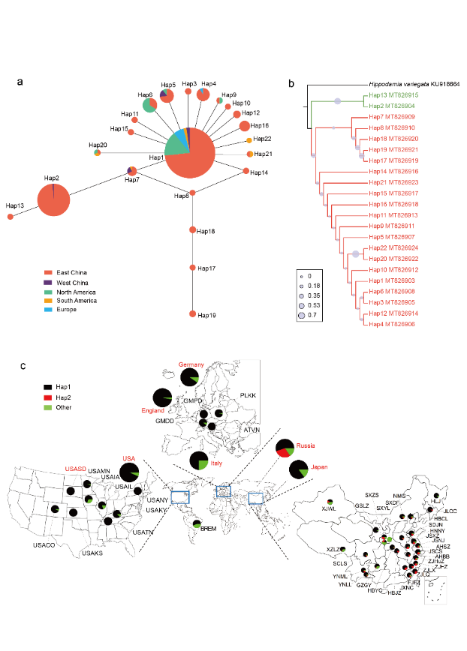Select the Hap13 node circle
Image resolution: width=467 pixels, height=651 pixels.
(x=10, y=217)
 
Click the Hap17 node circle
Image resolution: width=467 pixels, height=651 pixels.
(x=193, y=267)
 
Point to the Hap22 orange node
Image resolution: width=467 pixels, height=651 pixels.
(x=249, y=140)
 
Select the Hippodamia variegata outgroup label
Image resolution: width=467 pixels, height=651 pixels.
(x=413, y=84)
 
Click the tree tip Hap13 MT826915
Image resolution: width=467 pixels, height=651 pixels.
(x=391, y=96)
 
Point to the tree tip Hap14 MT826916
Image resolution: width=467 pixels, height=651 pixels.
(x=391, y=172)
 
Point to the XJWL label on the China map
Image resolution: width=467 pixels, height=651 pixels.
(x=328, y=508)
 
